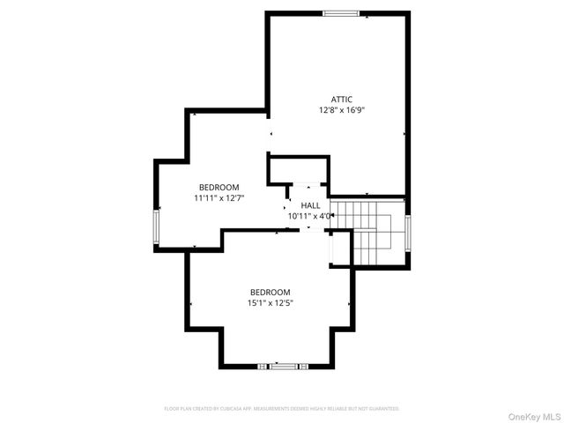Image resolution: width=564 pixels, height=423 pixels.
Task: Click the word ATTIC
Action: click(x=341, y=99)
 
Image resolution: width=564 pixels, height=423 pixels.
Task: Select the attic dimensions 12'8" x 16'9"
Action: click(x=341, y=111)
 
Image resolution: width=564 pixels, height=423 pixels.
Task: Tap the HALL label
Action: click(x=310, y=204)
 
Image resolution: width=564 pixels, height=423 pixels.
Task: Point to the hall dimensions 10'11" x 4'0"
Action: click(x=310, y=216)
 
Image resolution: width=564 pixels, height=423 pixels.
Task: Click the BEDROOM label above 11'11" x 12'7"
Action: click(x=219, y=187)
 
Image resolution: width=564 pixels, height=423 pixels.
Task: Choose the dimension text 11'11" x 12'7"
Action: click(x=219, y=198)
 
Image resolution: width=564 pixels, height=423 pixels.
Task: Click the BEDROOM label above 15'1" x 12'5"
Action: click(x=270, y=293)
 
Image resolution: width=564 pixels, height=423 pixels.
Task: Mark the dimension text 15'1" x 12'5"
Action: click(x=270, y=304)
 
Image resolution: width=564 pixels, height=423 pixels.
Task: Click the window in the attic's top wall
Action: click(x=340, y=13)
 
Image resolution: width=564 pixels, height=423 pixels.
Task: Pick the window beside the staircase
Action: click(x=408, y=233)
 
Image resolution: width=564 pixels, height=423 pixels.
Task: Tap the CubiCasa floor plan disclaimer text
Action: click(x=282, y=409)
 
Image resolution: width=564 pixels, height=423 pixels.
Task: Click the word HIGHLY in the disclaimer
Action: click(x=333, y=409)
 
